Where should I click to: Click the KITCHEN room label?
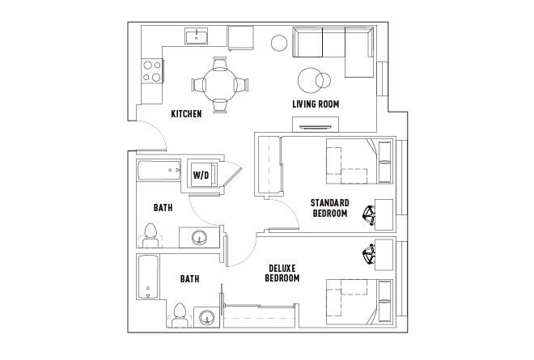coord(186,114)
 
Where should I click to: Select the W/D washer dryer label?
coord(201,174)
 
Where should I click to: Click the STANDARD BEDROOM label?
coord(329,208)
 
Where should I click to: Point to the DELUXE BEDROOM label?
coord(282,273)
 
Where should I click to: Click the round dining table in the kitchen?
coord(219,83)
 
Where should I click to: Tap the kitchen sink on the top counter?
coord(196,36)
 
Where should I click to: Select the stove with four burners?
coord(151,71)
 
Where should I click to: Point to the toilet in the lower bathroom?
coord(180,314)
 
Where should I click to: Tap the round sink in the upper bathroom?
coord(198,238)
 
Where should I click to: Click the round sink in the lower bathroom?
coord(207,317)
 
